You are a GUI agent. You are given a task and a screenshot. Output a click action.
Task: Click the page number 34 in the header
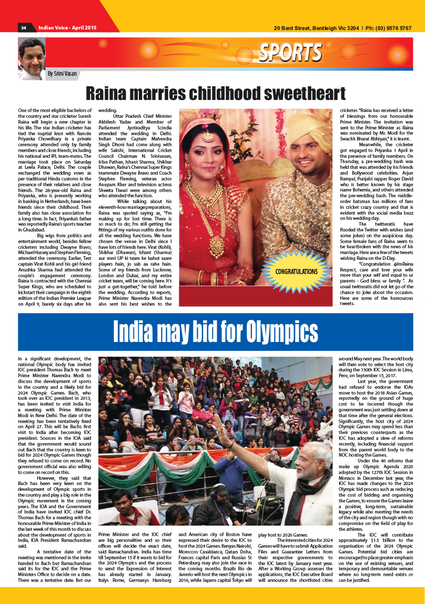[x=24, y=27]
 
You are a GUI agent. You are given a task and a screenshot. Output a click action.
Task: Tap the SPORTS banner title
[x=290, y=53]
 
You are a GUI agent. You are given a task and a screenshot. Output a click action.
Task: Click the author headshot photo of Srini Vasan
[x=31, y=58]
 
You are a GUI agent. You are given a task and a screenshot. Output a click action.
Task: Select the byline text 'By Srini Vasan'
[x=62, y=74]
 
